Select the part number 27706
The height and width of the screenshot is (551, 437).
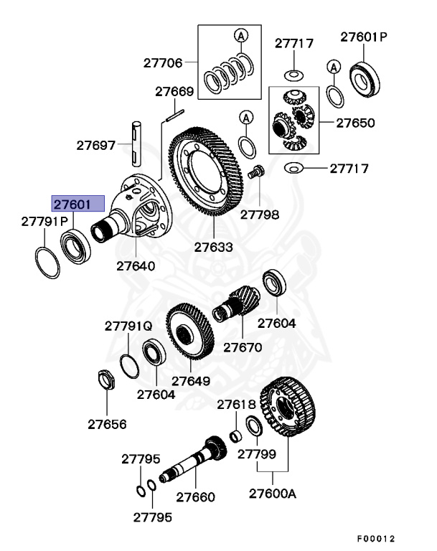pos(163,62)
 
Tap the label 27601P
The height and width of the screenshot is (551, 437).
pos(363,36)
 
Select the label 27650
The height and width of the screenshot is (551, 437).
pos(357,123)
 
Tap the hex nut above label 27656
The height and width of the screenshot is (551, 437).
pos(105,380)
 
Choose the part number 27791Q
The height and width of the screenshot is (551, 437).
pos(128,326)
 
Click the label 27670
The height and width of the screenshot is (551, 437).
pos(243,347)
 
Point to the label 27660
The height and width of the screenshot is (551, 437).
pos(195,496)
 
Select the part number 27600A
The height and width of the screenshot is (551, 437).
pos(273,493)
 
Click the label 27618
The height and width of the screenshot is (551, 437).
pos(237,405)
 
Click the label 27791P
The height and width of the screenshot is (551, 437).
pos(43,222)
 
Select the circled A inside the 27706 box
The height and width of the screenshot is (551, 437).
pos(241,35)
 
